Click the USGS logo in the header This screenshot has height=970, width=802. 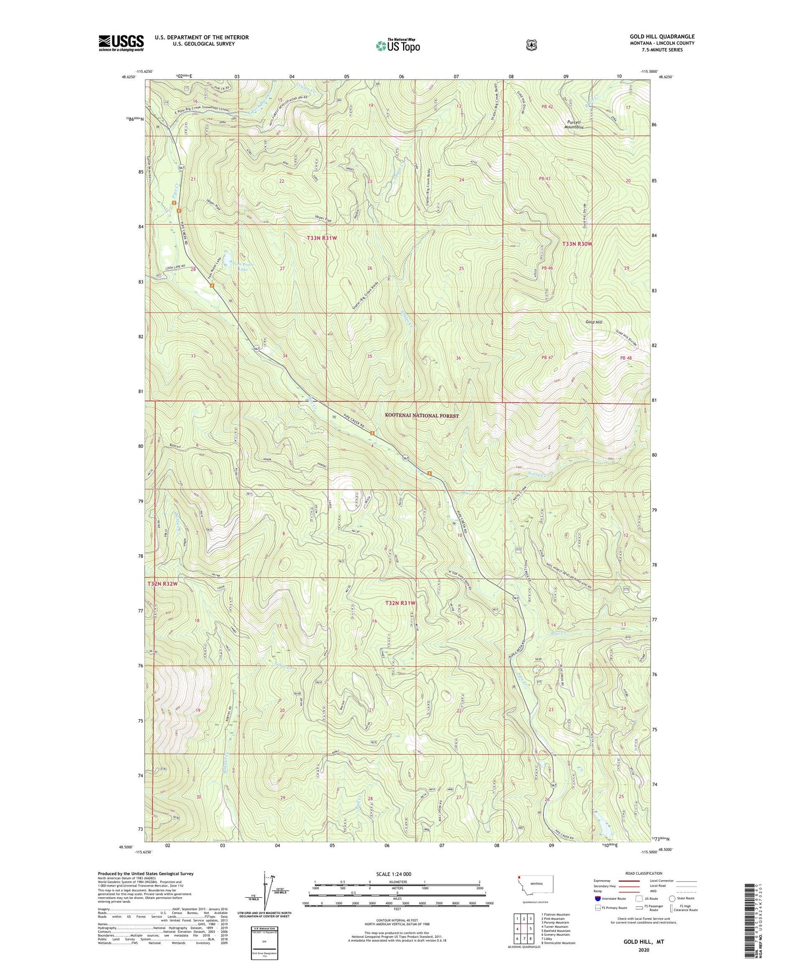tap(121, 43)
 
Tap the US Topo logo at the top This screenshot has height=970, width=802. tap(398, 45)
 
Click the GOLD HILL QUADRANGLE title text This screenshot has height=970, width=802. tap(662, 36)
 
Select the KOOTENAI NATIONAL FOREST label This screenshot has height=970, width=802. tap(422, 415)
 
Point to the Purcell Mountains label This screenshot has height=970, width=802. tap(574, 125)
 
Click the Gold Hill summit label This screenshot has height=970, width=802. tap(593, 322)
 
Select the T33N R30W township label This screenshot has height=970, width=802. tap(577, 244)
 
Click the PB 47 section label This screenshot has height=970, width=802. tap(546, 357)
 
